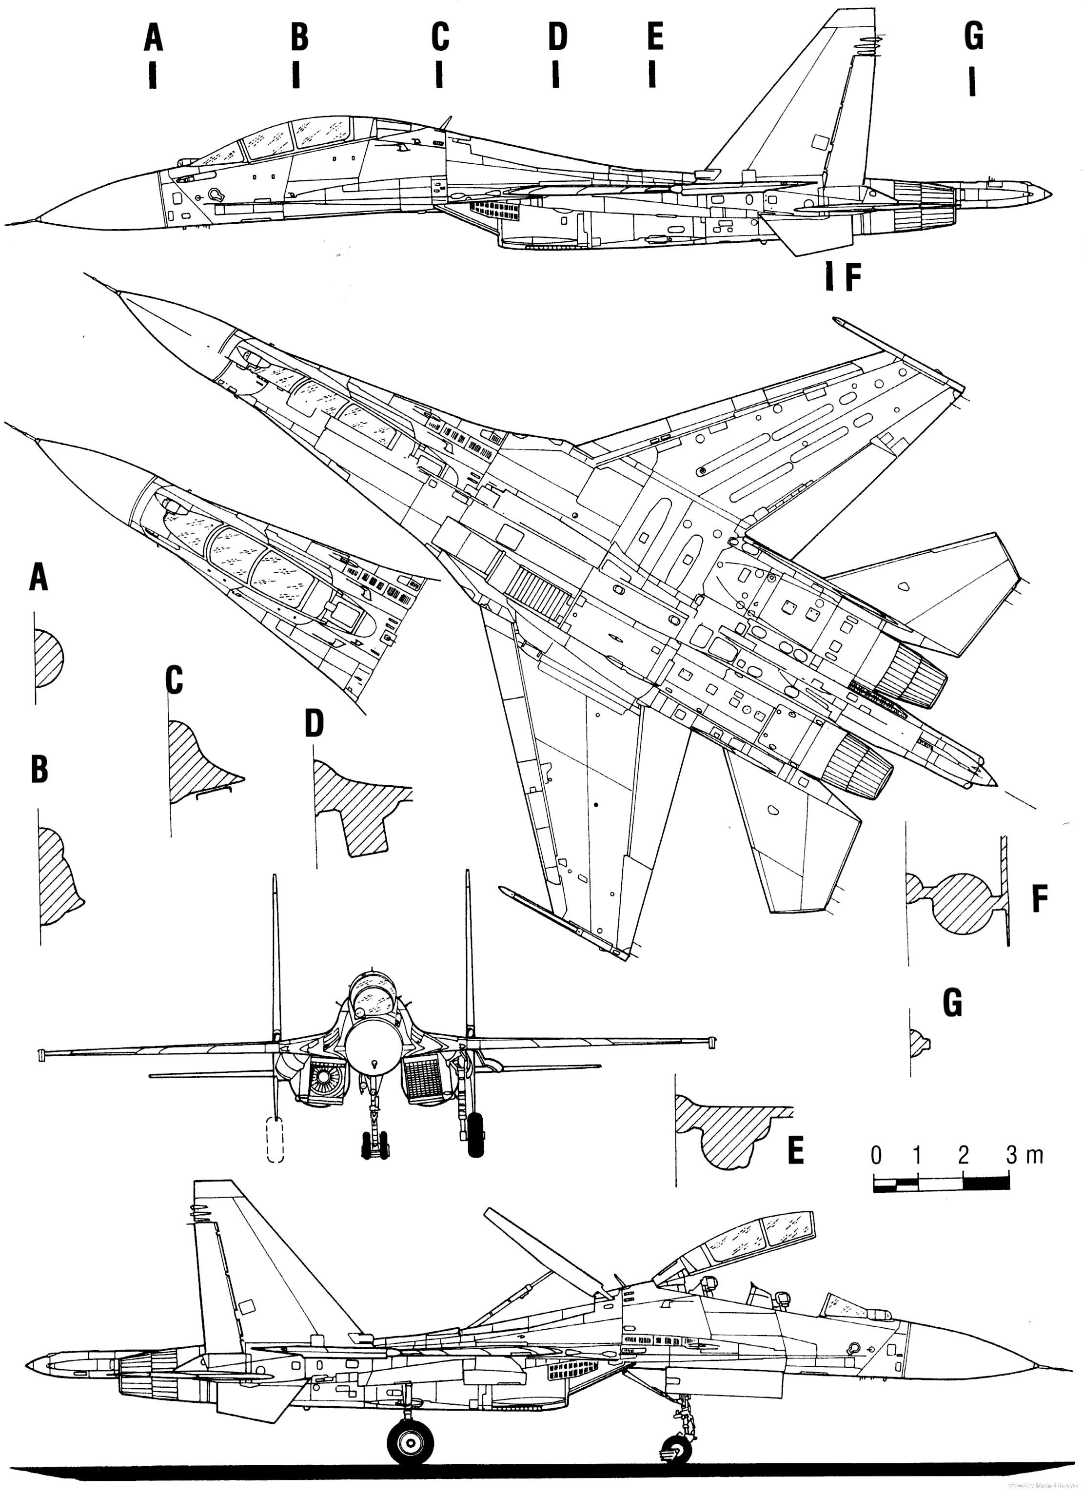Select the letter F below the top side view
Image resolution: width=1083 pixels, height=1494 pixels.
tap(853, 279)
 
